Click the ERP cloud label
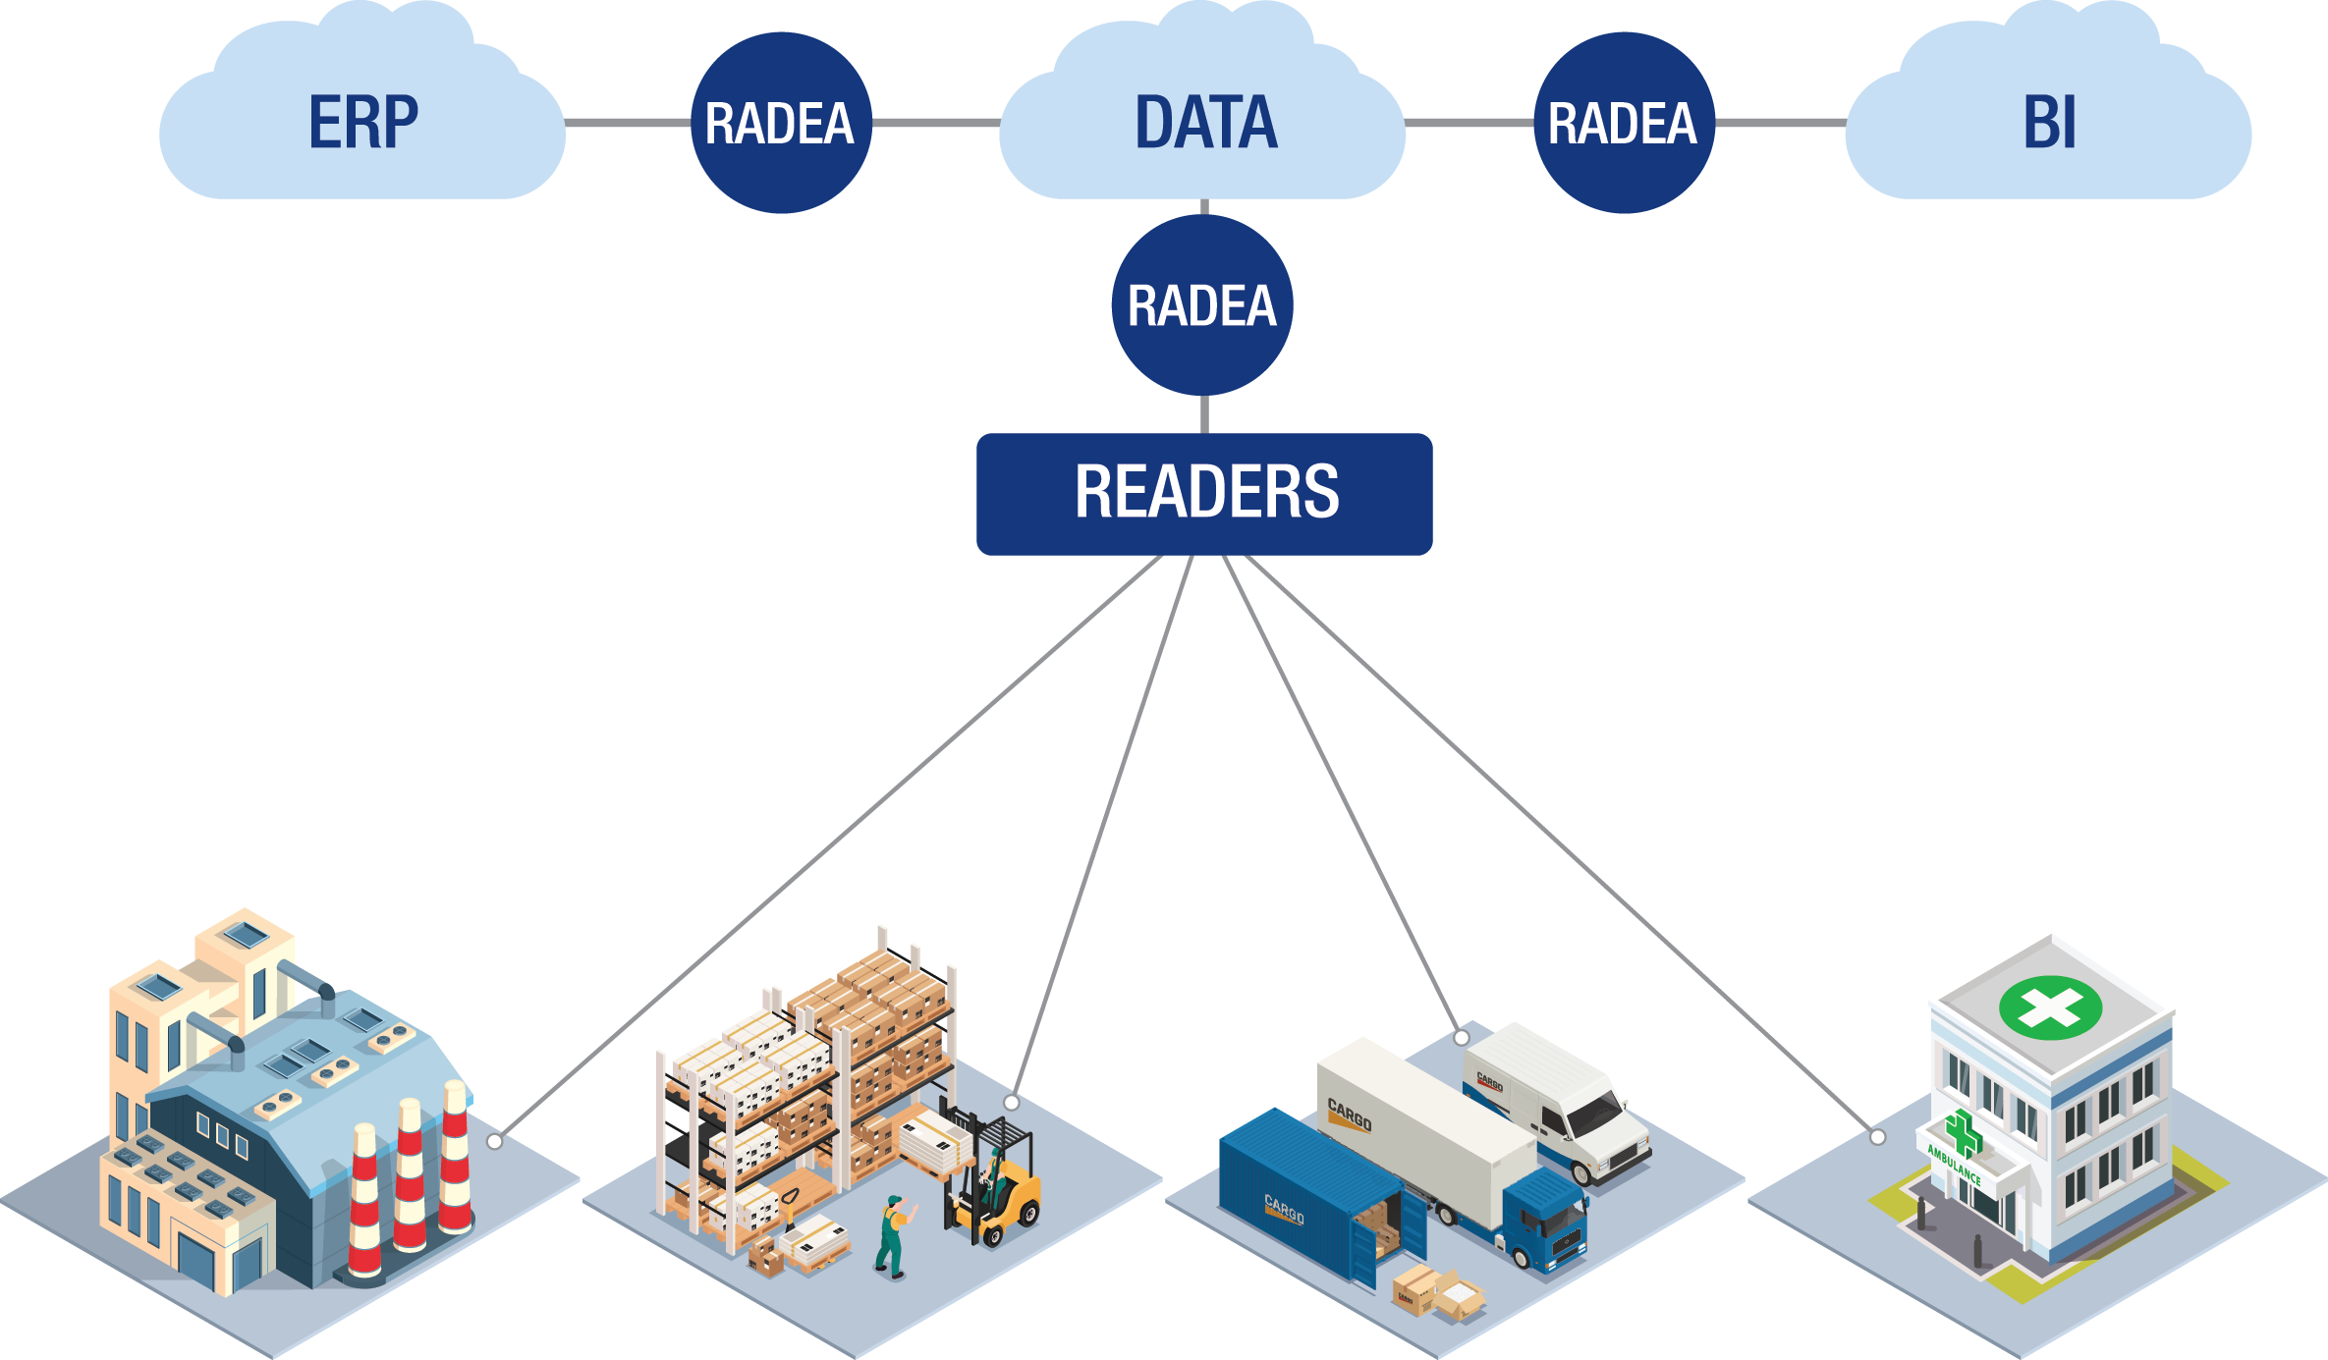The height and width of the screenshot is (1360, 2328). (x=362, y=123)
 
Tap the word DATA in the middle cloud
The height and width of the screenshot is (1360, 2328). (x=1205, y=123)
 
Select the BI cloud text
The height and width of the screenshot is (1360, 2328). (x=2049, y=123)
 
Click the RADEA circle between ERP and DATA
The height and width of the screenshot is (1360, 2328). (x=780, y=123)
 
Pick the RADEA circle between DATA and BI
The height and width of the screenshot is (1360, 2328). (x=1623, y=123)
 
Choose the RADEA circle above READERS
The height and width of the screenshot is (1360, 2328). (x=1202, y=304)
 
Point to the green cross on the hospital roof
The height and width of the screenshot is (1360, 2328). (x=2051, y=1007)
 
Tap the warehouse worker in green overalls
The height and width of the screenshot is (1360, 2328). (x=892, y=1237)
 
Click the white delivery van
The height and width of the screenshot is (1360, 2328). (x=1562, y=1100)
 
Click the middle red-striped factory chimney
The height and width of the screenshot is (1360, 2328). (x=410, y=1178)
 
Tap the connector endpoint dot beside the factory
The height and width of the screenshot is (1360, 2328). (x=495, y=1141)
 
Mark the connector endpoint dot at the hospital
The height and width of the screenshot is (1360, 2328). (x=1877, y=1137)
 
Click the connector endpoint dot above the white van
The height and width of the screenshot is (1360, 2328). (x=1462, y=1037)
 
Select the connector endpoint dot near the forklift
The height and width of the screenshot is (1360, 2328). (x=1012, y=1102)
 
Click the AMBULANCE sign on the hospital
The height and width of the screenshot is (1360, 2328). (x=1954, y=1165)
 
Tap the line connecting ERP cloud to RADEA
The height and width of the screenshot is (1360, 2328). (x=629, y=123)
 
